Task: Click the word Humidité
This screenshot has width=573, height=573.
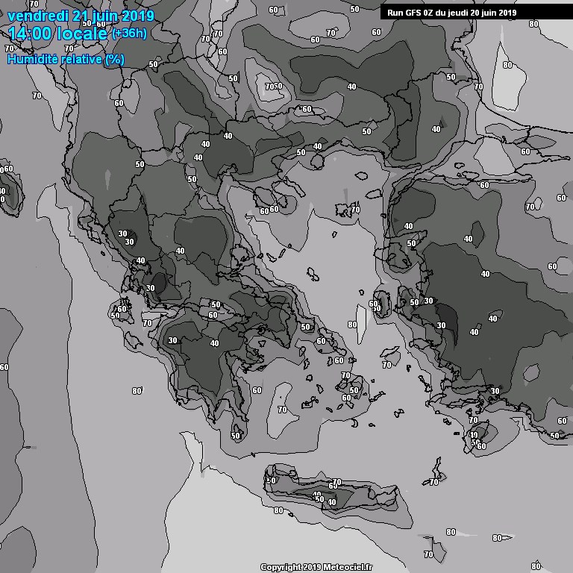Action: click(x=31, y=59)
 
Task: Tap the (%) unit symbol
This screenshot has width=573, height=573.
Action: click(x=114, y=59)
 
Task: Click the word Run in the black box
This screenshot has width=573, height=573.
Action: click(x=395, y=13)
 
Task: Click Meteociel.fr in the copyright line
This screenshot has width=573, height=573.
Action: click(x=348, y=568)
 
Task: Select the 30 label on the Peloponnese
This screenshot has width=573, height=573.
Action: click(x=173, y=340)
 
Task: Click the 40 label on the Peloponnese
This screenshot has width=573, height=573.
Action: click(x=215, y=343)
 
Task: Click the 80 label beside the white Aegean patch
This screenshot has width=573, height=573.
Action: click(x=352, y=325)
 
